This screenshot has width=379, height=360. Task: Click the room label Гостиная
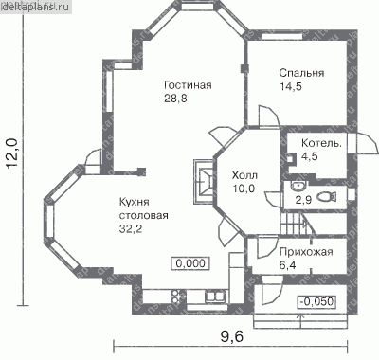point(188,85)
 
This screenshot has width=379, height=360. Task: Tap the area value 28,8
point(175,99)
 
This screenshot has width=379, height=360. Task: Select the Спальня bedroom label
point(301,73)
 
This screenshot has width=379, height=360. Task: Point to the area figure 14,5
point(291,86)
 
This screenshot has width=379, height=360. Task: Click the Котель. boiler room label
point(321,143)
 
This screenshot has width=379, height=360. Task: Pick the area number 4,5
point(310,156)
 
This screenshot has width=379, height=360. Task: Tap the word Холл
point(244,175)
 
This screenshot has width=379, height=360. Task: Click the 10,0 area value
point(244,189)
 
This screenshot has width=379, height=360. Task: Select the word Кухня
point(135,202)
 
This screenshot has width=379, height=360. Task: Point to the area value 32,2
point(131,229)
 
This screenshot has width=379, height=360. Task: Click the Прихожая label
point(306,252)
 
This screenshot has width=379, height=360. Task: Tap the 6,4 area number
point(288,265)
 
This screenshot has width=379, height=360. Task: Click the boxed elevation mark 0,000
point(190,263)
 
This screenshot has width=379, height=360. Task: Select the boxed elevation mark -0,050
point(316,301)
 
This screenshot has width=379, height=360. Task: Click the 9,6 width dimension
point(232,337)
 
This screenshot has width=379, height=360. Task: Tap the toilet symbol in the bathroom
point(326,197)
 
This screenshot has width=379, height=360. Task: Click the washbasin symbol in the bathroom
point(298,186)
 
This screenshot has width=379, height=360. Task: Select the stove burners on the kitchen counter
point(178,297)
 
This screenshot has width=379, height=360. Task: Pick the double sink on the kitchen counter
point(215,297)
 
